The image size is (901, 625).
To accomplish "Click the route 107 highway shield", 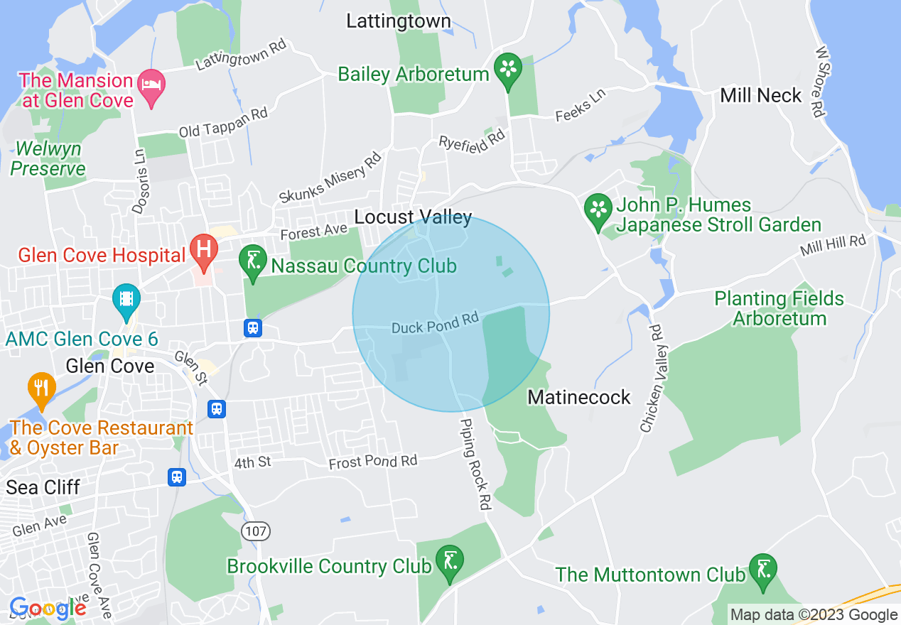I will pyautogui.click(x=256, y=531).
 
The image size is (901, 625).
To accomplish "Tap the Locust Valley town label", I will pyautogui.click(x=413, y=217).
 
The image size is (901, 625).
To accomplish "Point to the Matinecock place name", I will pyautogui.click(x=579, y=397).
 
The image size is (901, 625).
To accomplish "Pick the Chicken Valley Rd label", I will pyautogui.click(x=652, y=379).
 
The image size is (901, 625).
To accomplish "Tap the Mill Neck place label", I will pyautogui.click(x=760, y=95).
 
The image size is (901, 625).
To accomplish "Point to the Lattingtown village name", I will pyautogui.click(x=398, y=21).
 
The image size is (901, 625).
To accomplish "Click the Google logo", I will pyautogui.click(x=48, y=608).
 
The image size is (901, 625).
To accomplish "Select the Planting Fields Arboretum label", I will pyautogui.click(x=779, y=308).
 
